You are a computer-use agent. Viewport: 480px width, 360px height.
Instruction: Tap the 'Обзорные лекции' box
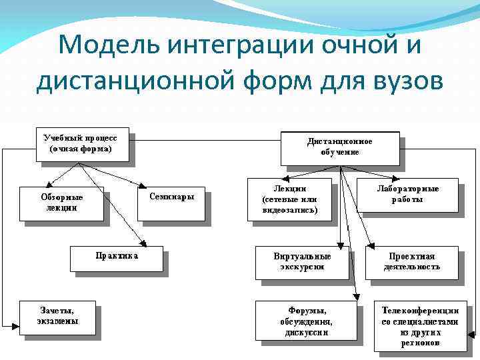(x=61, y=203)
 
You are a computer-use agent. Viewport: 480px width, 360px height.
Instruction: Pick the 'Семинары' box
(x=171, y=198)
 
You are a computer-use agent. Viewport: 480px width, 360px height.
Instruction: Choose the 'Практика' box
(x=117, y=257)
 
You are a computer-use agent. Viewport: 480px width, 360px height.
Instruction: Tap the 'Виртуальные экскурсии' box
(x=302, y=261)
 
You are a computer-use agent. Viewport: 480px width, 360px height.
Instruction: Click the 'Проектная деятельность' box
(x=411, y=261)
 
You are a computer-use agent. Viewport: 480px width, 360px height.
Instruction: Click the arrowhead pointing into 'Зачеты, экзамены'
(x=15, y=325)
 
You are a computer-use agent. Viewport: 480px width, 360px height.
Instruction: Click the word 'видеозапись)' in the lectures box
(x=290, y=209)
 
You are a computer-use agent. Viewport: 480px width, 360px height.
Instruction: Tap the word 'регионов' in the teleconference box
(x=419, y=343)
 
